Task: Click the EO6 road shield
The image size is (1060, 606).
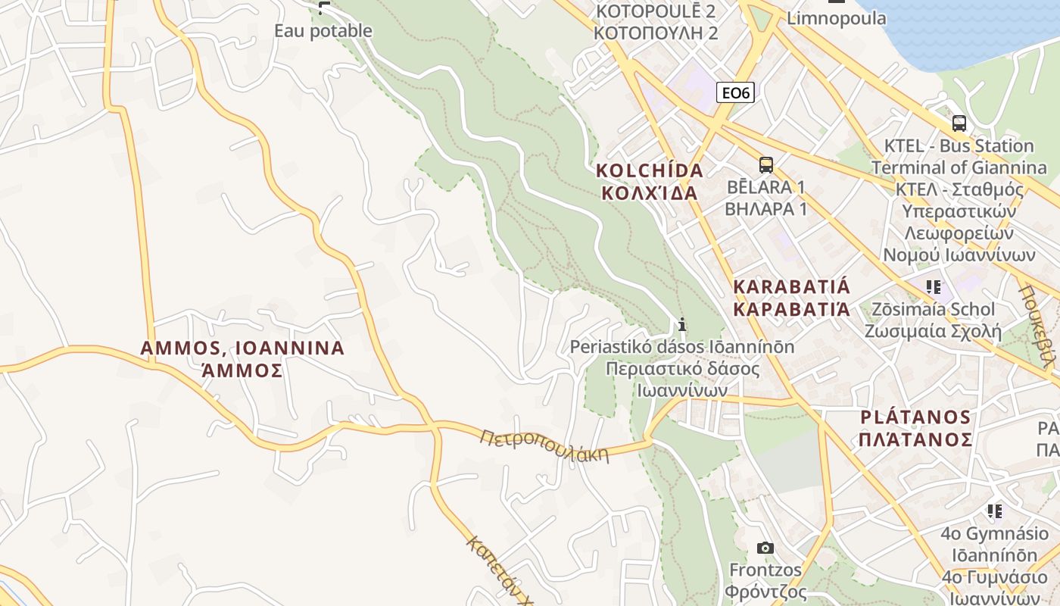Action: click(735, 92)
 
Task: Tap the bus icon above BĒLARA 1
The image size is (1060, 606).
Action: click(765, 164)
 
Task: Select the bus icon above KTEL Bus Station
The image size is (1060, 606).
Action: click(959, 123)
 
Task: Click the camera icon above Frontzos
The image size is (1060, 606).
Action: click(765, 547)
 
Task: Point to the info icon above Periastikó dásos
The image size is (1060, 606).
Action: click(682, 324)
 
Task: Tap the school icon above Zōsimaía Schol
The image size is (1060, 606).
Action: click(933, 287)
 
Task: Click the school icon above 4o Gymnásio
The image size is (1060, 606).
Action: click(994, 511)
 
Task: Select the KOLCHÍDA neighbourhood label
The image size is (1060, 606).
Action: click(650, 170)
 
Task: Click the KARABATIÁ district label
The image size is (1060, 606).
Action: click(792, 287)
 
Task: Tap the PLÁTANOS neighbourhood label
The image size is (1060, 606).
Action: click(915, 417)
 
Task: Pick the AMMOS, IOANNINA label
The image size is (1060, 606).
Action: click(242, 348)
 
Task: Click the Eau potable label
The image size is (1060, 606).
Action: click(323, 31)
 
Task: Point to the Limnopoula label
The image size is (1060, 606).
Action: click(837, 18)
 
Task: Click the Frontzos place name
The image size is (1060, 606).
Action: click(765, 569)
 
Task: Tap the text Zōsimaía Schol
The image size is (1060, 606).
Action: click(933, 309)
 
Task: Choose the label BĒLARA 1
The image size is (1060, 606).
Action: click(765, 187)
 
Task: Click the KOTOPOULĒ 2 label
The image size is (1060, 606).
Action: click(656, 11)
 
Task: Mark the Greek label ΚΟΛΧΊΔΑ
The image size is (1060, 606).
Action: click(650, 192)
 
